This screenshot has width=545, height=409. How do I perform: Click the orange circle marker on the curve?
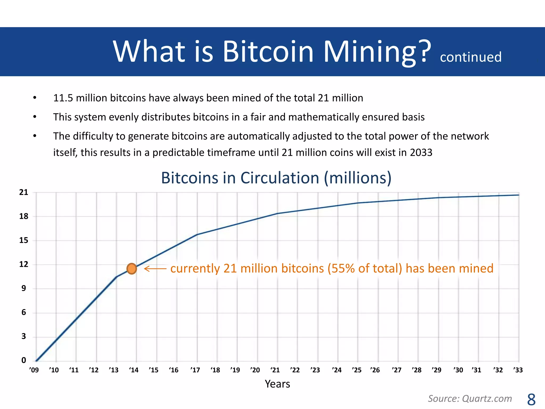pos(132,269)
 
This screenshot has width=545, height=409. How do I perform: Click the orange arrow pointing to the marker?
pos(155,269)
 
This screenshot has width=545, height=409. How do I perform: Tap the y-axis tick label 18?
pos(24,216)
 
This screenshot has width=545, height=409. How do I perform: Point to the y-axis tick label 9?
pos(24,288)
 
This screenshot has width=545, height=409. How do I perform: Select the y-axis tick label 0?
pos(24,361)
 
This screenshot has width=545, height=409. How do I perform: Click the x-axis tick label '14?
pos(134,370)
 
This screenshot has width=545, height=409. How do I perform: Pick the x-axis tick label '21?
pos(275,370)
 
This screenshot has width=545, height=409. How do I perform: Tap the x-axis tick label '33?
pos(518,370)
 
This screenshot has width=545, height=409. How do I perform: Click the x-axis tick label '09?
pos(34,370)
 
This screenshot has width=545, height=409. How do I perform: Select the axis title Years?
pos(277,384)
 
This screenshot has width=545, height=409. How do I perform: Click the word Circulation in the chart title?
pos(280,178)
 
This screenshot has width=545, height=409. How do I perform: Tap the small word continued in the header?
pos(470,57)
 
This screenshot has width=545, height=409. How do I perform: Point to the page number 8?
pos(531,399)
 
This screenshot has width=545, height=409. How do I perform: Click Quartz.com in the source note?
pos(487,399)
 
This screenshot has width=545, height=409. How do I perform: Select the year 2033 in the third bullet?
pos(421,153)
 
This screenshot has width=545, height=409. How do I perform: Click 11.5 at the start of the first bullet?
pos(63,98)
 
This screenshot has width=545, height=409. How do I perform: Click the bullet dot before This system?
pos(35,117)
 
